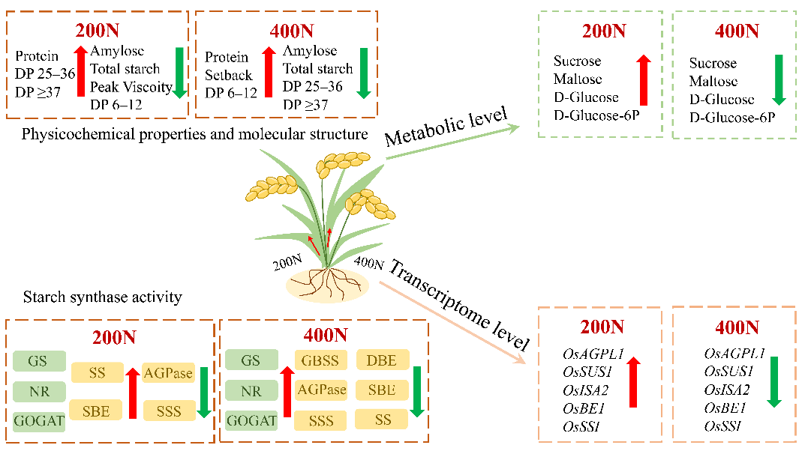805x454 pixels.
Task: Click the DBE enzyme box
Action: point(383,360)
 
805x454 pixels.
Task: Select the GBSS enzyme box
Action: point(320,360)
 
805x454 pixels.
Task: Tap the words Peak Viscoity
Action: point(131,87)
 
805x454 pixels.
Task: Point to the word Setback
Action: point(229,76)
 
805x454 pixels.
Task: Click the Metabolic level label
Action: point(446,127)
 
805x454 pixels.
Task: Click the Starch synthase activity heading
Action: point(103,297)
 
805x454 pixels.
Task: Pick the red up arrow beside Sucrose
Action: point(644,80)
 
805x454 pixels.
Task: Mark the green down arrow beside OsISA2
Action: point(774,382)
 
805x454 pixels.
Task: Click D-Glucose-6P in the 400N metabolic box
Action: point(732,118)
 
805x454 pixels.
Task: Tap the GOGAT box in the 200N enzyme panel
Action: point(39,421)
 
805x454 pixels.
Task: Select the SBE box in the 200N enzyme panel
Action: point(96,411)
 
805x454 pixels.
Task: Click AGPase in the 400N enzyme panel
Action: point(321,390)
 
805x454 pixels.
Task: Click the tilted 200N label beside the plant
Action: point(287,262)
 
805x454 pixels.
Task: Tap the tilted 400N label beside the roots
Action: point(368,263)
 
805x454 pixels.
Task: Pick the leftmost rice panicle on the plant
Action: point(272,187)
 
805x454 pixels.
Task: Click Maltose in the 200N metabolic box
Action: point(578,79)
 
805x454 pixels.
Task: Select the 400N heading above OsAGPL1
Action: point(737,327)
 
